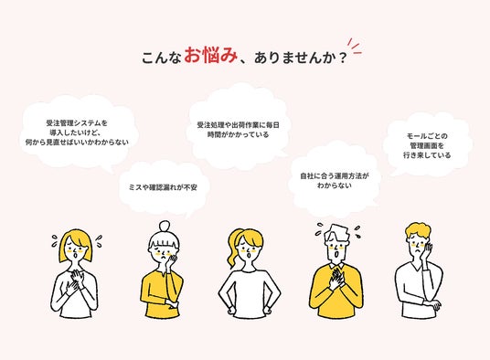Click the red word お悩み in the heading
210,56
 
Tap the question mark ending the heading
343,58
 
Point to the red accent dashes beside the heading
355,47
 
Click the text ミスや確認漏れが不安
163,187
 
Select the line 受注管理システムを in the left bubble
77,122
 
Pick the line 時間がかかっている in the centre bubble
238,135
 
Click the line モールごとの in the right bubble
427,136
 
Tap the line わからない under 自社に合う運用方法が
335,185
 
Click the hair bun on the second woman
165,226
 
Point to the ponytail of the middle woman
233,249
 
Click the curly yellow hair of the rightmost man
418,231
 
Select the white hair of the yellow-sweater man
336,233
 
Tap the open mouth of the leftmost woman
75,256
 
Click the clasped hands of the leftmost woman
74,281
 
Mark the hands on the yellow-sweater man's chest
336,279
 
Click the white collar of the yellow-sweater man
336,266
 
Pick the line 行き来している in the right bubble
427,155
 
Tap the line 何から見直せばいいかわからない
77,143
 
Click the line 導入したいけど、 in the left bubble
75,132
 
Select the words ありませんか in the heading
294,58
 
